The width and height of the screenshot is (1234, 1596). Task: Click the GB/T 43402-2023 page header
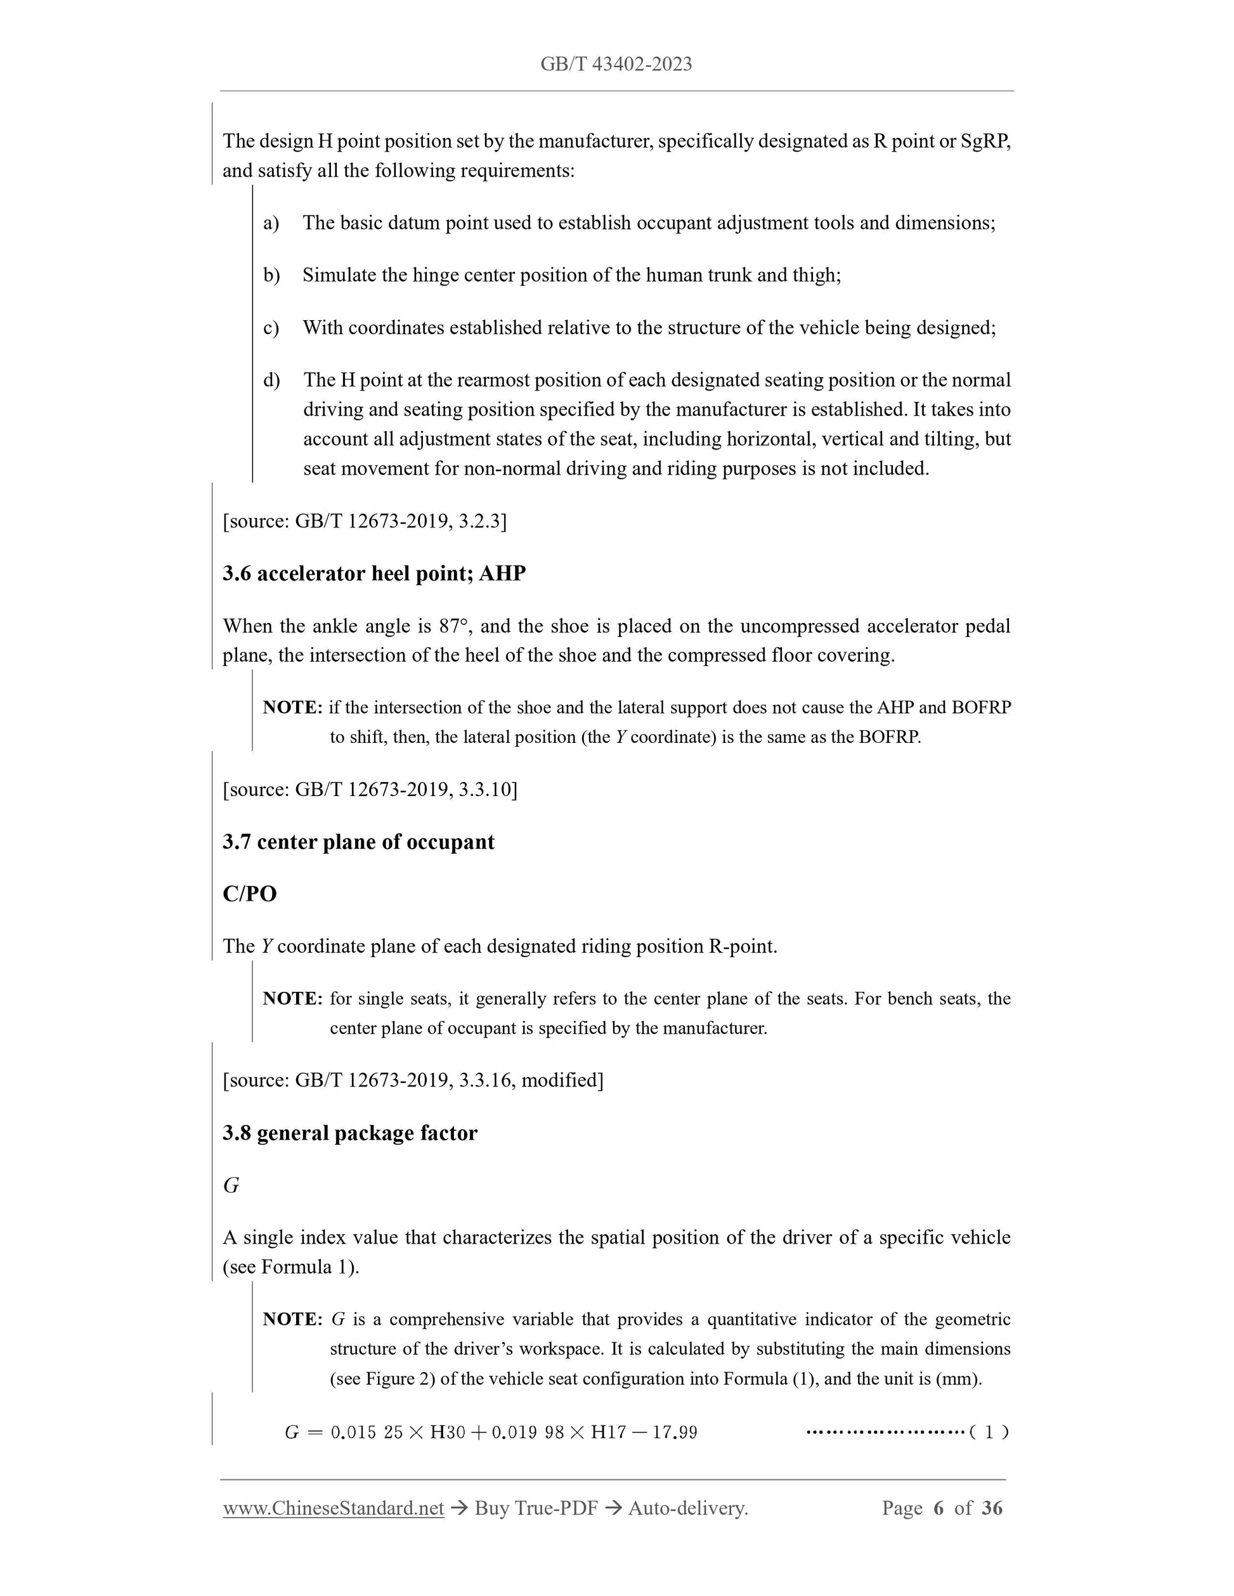[616, 64]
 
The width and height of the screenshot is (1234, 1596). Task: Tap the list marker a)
[271, 223]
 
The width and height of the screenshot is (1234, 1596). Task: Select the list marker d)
[271, 380]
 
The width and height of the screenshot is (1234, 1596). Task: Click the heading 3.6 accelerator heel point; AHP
[373, 574]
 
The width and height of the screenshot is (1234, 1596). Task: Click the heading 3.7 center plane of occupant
[358, 842]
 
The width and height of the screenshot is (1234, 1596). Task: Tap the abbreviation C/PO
[249, 894]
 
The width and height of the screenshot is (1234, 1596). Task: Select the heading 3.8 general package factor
[349, 1133]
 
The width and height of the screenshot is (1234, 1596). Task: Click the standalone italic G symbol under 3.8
[231, 1185]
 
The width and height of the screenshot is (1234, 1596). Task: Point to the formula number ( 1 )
[989, 1432]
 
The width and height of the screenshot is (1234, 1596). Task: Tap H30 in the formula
[448, 1432]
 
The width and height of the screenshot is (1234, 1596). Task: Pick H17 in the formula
[608, 1432]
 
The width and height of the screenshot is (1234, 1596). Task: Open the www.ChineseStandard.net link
[334, 1507]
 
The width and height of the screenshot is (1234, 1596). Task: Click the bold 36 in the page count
[991, 1507]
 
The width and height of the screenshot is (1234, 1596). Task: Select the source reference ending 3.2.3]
[364, 521]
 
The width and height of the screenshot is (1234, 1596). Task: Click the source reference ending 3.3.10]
[369, 789]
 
